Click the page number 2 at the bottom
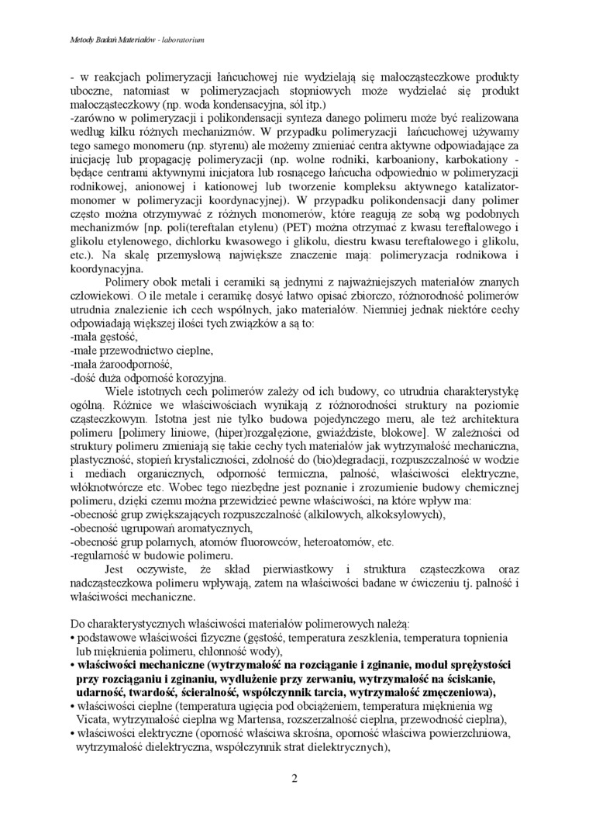coord(294,778)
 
